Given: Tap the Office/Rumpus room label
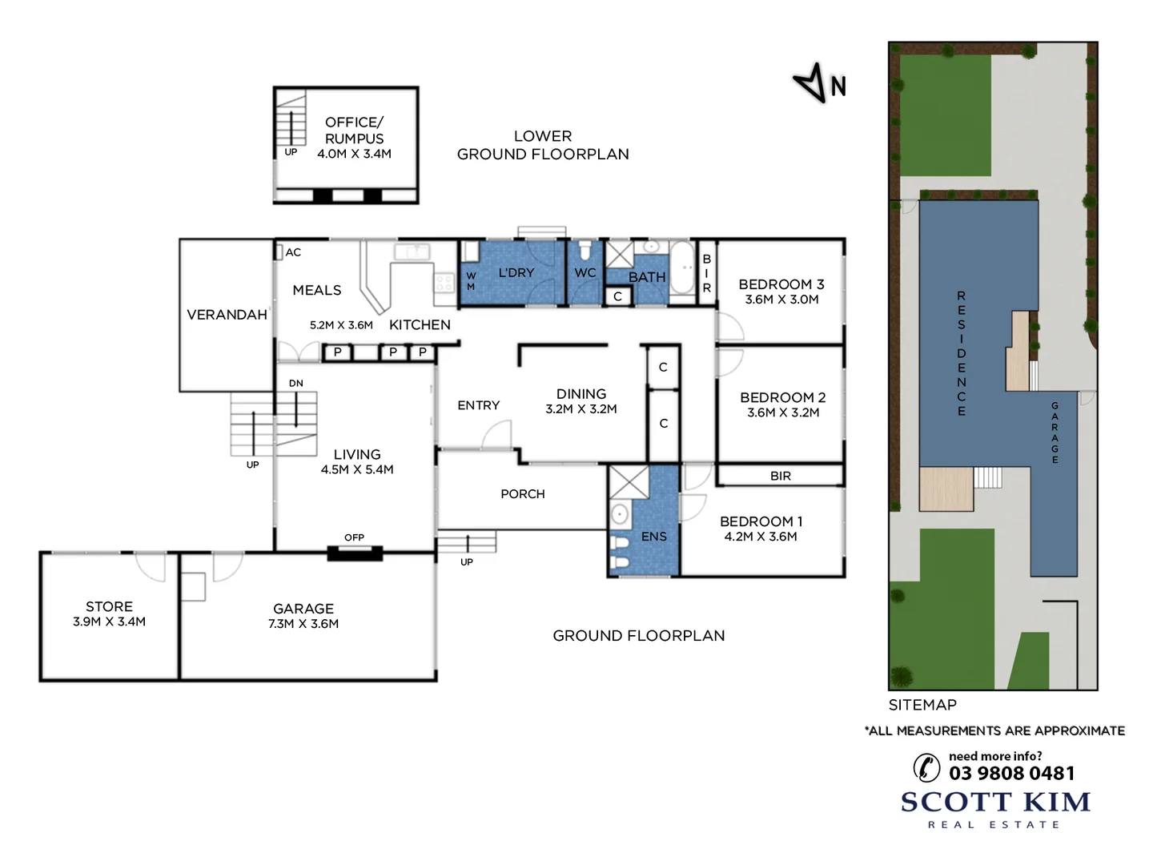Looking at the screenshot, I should click(x=354, y=130).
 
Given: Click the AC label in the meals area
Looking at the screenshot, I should click(x=293, y=252).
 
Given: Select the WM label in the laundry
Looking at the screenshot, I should click(x=471, y=281).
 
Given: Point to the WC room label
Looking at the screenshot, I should click(x=585, y=273).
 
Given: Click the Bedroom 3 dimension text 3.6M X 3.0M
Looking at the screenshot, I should click(x=781, y=300).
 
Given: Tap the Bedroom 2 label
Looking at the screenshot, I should click(x=782, y=397).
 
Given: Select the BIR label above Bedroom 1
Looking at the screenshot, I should click(x=780, y=476).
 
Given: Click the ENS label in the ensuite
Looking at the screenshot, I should click(x=653, y=537).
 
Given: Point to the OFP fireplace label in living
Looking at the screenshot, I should click(x=354, y=537).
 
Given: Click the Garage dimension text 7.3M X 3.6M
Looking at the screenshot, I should click(x=303, y=624).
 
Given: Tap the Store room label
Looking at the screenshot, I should click(x=109, y=606).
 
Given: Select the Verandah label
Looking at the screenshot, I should click(x=227, y=315).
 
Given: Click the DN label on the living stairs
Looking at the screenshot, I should click(x=296, y=384).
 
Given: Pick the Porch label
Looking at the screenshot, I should click(x=522, y=494).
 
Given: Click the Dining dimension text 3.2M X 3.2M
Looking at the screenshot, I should click(x=581, y=409).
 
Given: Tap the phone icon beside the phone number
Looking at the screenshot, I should click(x=926, y=766).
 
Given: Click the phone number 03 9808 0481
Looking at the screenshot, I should click(x=1011, y=773).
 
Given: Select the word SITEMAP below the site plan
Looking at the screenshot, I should click(x=922, y=705).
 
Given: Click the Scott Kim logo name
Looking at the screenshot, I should click(x=995, y=802).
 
